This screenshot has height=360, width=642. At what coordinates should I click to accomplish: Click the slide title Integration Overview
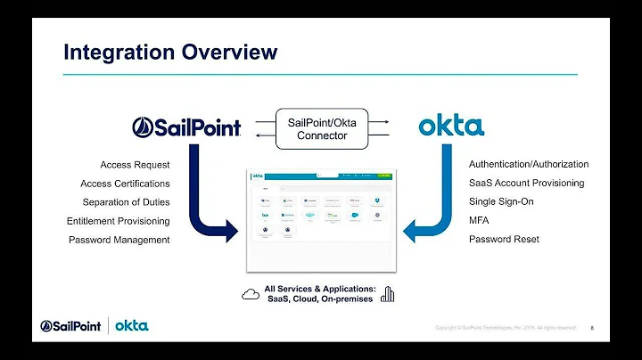tap(170, 53)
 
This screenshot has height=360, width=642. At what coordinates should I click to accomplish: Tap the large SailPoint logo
tap(186, 127)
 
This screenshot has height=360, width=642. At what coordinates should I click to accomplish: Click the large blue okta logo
tap(451, 126)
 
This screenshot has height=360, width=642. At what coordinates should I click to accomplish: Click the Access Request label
tap(135, 165)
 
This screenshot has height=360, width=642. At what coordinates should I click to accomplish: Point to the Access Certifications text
tap(125, 184)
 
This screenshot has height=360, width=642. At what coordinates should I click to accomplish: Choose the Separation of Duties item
tap(126, 202)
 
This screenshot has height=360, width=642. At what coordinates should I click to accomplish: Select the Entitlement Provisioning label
tap(118, 221)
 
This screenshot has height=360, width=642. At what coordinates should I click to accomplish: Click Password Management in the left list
tap(119, 240)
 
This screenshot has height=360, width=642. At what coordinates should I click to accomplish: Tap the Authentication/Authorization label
tap(529, 164)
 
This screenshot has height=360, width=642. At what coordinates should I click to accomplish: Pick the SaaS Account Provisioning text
tap(526, 183)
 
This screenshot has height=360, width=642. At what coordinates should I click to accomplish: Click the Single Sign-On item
tap(501, 201)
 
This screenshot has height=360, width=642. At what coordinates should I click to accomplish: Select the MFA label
tap(480, 220)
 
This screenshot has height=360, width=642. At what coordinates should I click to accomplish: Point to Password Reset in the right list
tap(504, 239)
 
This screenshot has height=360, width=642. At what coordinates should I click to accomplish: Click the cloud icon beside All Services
tap(251, 294)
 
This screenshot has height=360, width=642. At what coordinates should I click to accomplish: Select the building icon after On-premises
tap(387, 294)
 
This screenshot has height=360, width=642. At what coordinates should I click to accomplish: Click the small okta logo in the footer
tap(132, 325)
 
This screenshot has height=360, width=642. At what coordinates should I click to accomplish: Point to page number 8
tap(592, 328)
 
